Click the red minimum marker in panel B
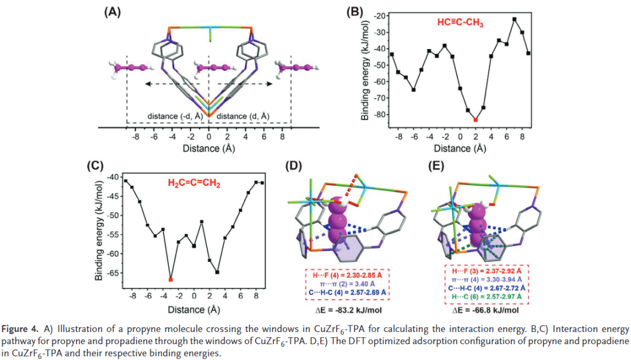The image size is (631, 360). pyautogui.click(x=476, y=120)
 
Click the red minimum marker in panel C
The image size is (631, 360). pyautogui.click(x=171, y=280)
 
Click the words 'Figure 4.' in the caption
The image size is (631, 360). pyautogui.click(x=22, y=330)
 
